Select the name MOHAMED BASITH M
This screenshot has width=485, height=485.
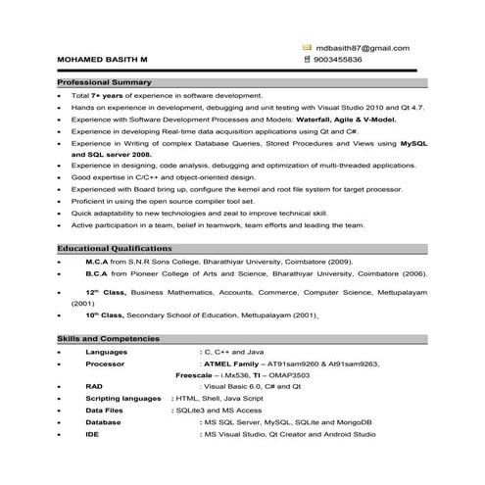point(103,60)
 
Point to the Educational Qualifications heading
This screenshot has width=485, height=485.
point(114,248)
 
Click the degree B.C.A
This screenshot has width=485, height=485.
point(98,274)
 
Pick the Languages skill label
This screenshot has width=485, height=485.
point(107,351)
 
